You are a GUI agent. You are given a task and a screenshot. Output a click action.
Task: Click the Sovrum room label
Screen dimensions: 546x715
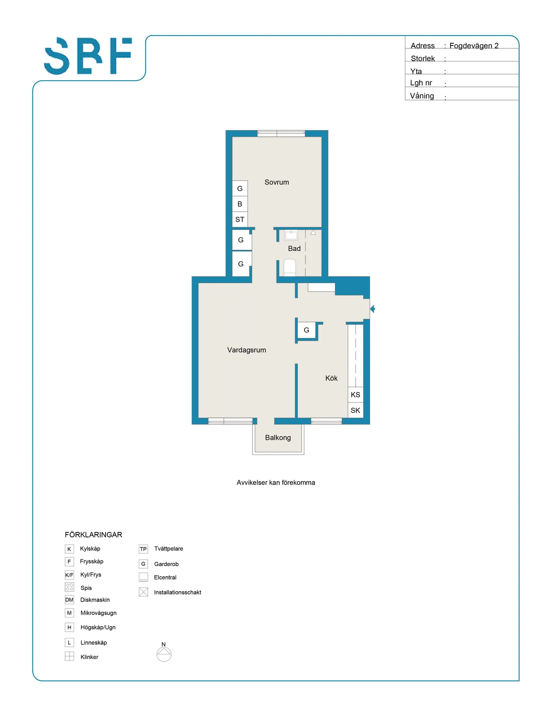[x=276, y=182]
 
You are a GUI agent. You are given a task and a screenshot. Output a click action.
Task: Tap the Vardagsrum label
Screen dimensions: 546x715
[x=246, y=350]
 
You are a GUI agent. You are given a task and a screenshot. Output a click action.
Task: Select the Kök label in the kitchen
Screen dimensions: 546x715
[x=331, y=378]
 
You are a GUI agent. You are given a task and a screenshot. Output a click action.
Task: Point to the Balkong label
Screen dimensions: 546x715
[x=278, y=437]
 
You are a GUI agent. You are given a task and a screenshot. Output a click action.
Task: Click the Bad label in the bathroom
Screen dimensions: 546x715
[x=294, y=248]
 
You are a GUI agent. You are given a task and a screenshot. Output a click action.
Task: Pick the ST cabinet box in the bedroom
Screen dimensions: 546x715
[x=239, y=219]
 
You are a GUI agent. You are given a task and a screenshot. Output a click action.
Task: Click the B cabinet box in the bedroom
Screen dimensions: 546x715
[x=239, y=204]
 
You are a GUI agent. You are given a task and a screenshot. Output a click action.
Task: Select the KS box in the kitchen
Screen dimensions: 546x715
[x=355, y=394]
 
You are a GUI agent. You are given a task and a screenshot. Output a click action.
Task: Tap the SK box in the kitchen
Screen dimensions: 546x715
[x=355, y=410]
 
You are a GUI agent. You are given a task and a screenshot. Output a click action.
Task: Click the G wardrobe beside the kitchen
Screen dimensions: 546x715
[x=306, y=330]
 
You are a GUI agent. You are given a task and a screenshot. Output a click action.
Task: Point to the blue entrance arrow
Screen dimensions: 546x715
[x=372, y=308]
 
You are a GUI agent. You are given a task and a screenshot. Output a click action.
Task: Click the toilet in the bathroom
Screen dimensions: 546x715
[x=289, y=267]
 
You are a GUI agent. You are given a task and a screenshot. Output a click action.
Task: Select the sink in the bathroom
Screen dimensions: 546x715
[x=291, y=235]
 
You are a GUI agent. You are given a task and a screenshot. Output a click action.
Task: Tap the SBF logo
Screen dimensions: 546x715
[x=88, y=56]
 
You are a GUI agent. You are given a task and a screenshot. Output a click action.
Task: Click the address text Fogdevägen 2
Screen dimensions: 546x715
[x=474, y=46]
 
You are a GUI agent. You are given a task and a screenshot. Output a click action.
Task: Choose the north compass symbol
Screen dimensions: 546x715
[x=164, y=653]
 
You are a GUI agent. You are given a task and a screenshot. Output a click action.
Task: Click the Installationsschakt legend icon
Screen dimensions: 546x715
[x=143, y=592]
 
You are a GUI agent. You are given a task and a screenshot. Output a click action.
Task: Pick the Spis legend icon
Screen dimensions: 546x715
[x=69, y=587]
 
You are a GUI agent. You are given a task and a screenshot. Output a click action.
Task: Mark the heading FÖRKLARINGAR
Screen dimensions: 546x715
[x=93, y=535]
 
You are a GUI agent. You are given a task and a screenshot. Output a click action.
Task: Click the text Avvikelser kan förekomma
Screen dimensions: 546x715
[x=276, y=482]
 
